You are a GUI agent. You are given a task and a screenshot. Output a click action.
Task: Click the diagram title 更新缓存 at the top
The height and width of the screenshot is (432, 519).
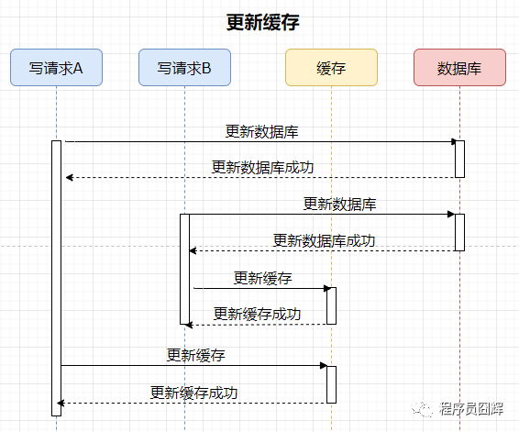(263, 23)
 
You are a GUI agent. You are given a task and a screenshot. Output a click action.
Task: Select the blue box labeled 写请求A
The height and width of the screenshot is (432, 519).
(56, 68)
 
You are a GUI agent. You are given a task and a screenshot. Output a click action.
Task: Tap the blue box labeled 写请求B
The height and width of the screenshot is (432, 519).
(184, 68)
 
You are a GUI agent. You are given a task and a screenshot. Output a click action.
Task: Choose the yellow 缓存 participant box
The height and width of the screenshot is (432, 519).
(331, 68)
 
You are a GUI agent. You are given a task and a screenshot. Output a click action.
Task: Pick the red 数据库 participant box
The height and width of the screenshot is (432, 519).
(459, 68)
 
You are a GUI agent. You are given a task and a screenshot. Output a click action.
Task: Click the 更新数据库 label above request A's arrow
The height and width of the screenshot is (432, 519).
(262, 132)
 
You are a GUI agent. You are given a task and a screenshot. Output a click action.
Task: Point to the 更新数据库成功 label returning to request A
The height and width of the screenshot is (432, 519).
(262, 167)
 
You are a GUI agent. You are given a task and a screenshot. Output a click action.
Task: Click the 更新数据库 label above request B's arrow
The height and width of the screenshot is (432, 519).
(339, 204)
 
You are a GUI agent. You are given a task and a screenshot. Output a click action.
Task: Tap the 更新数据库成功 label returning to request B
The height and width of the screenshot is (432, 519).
(324, 240)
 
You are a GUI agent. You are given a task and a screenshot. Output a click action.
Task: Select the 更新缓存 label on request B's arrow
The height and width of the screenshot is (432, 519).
(263, 278)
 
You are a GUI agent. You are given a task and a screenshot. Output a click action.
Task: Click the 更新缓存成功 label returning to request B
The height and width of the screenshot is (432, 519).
(257, 314)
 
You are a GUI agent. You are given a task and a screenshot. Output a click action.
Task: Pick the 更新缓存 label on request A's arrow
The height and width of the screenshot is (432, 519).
(196, 356)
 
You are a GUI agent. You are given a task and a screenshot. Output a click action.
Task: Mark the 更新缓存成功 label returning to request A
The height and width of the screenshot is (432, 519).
(194, 393)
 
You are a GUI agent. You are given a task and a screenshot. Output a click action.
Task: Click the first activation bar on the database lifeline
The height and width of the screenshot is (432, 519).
(459, 159)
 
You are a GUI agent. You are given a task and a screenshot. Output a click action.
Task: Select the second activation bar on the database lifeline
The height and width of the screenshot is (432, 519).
(459, 232)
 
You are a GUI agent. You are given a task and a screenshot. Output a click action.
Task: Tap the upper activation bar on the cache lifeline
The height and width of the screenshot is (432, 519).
(331, 305)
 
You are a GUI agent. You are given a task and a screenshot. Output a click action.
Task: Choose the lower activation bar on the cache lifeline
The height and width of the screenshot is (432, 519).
(331, 384)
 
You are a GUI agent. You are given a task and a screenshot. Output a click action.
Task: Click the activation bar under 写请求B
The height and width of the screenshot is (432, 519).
(184, 269)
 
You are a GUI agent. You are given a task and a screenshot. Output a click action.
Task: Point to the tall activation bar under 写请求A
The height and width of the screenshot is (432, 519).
(56, 278)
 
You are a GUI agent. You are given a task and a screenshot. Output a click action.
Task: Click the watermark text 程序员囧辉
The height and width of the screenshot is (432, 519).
(471, 409)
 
